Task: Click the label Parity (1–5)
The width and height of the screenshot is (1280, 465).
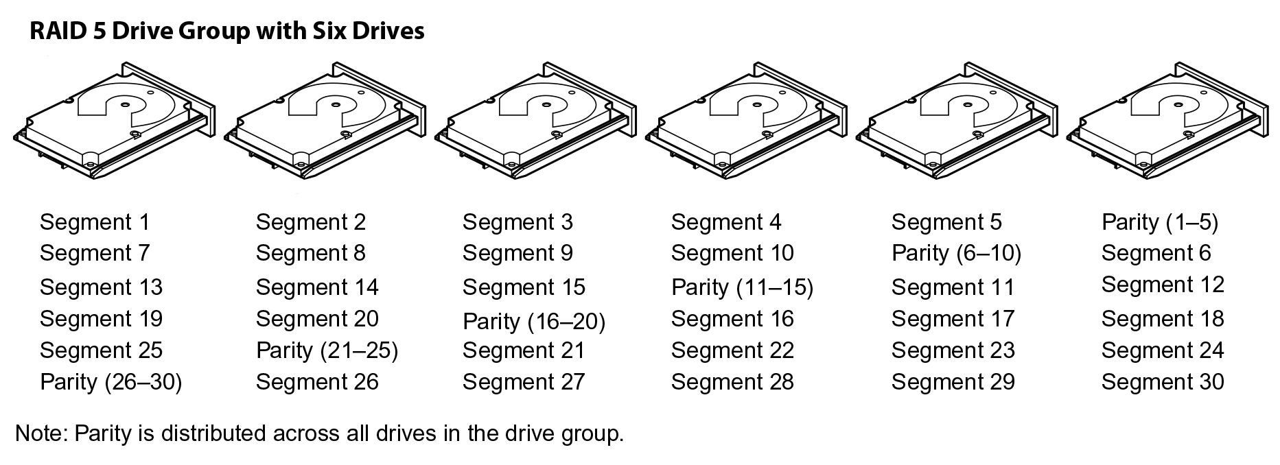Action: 1159,222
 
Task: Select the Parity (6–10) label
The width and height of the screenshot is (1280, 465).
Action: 956,254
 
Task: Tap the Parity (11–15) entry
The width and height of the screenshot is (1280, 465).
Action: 742,287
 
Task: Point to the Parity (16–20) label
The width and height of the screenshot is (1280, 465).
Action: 534,321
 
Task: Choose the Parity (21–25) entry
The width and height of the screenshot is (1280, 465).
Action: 327,350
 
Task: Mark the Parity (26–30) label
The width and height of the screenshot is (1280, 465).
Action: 111,382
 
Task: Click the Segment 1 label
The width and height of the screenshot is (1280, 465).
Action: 95,222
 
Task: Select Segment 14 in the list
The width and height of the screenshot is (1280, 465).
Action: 317,287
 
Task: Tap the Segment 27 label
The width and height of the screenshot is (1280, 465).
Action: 524,382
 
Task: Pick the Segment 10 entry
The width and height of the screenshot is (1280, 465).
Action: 732,254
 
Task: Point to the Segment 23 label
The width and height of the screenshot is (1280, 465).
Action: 953,350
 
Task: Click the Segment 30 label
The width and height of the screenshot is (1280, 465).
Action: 1163,382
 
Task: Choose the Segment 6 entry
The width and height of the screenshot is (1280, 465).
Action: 1156,254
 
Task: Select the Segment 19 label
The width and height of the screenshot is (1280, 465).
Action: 102,319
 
